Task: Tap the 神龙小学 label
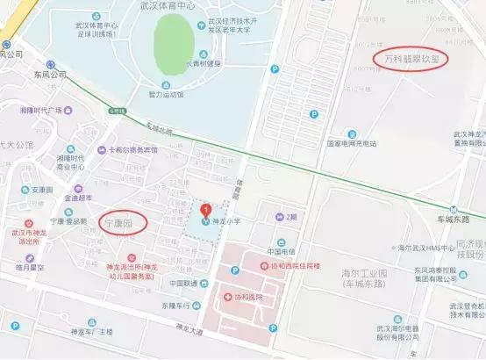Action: tap(226, 221)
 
